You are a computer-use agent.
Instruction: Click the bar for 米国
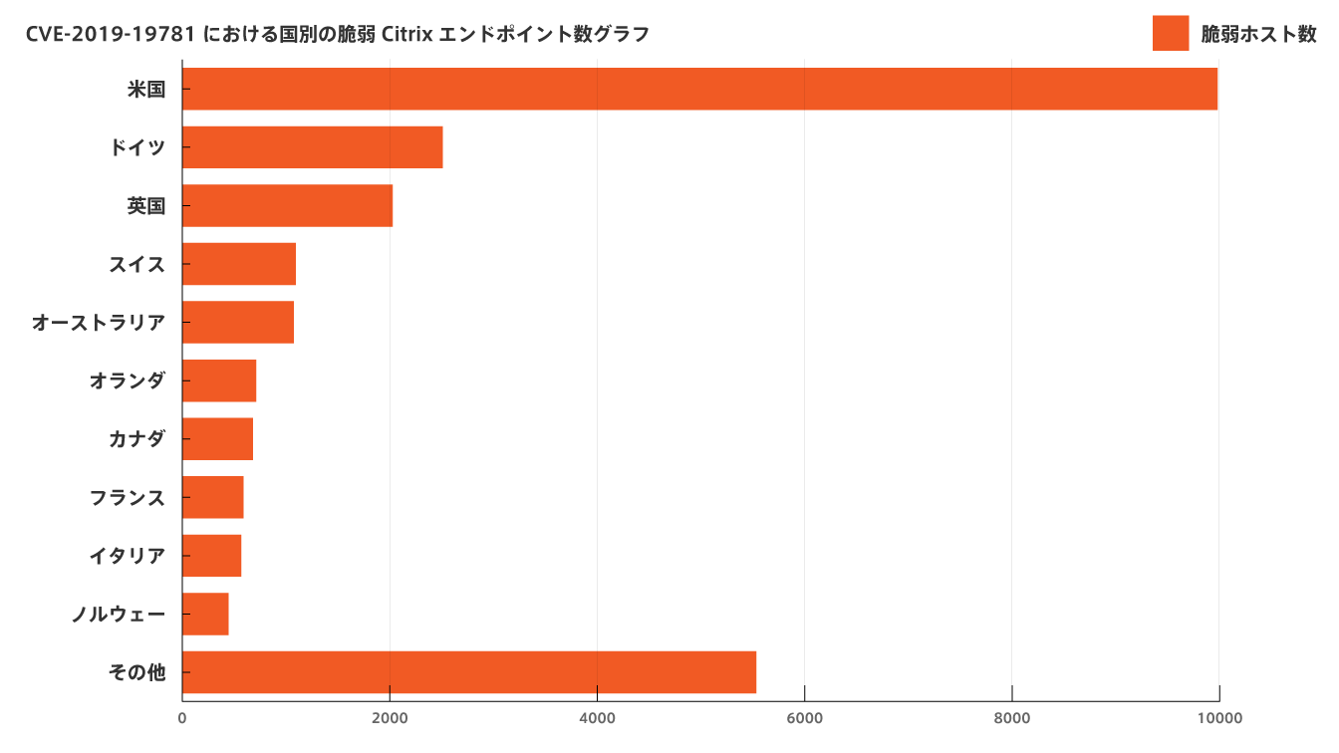tap(700, 90)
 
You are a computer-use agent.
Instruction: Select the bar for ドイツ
tap(313, 147)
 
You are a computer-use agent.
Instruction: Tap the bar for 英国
tap(288, 206)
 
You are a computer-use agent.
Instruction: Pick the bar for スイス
tap(239, 264)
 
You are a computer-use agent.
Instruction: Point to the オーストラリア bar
tap(238, 322)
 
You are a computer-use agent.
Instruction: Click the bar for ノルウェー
tap(206, 614)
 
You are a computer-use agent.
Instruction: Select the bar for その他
tap(469, 672)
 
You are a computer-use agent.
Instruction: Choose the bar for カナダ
tap(217, 438)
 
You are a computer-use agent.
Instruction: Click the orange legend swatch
tap(1171, 33)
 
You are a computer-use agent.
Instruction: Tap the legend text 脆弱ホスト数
tap(1258, 34)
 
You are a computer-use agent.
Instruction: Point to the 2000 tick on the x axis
tap(390, 718)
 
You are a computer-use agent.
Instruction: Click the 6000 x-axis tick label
tap(804, 718)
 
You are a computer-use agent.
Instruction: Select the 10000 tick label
tap(1218, 718)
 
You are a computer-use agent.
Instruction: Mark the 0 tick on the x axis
tap(182, 718)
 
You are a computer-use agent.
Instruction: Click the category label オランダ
tap(127, 380)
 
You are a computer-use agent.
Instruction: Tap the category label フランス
tap(127, 497)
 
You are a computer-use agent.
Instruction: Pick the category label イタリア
tap(127, 556)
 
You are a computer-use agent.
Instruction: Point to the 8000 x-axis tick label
tap(1011, 718)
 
